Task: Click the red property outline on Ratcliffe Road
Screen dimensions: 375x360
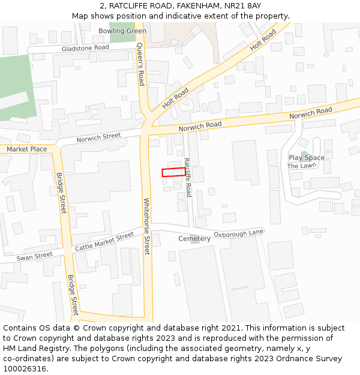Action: (174, 172)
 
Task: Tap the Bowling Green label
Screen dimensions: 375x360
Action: (122, 31)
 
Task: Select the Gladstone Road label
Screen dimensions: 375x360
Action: (85, 47)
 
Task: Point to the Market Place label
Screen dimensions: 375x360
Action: (26, 149)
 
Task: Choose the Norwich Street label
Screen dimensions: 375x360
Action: (98, 138)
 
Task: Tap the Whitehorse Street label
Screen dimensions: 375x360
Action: (146, 226)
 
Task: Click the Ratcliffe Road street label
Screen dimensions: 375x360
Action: (188, 177)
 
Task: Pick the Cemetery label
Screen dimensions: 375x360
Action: (194, 239)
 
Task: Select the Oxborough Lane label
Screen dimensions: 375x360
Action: (238, 233)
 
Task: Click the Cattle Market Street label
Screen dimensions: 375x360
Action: (104, 242)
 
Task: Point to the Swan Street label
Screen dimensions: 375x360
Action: (35, 256)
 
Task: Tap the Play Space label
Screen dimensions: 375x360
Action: (306, 158)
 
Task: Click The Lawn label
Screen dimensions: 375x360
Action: (301, 166)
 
